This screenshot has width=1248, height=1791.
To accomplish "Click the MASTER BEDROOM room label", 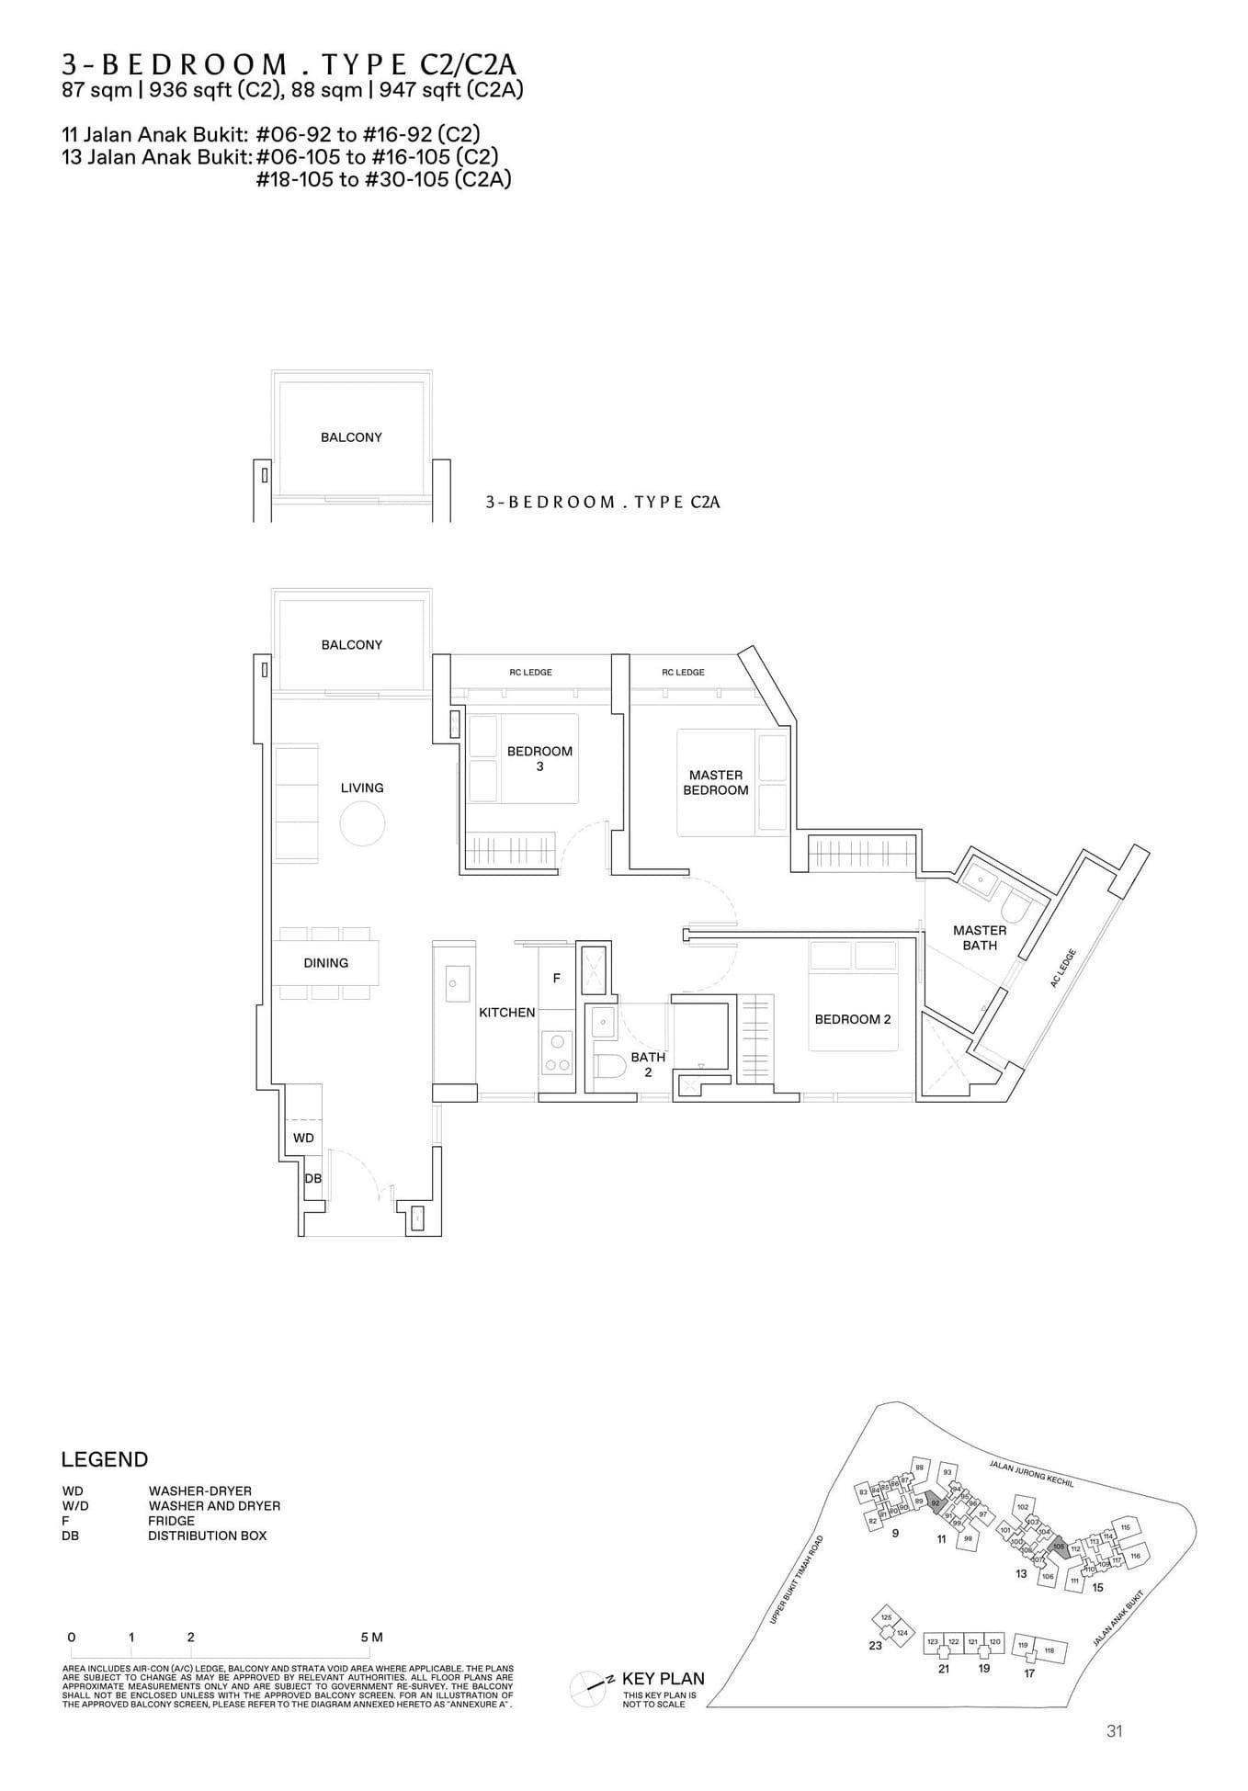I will pyautogui.click(x=715, y=782).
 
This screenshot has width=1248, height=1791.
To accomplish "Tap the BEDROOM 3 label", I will pyautogui.click(x=539, y=758).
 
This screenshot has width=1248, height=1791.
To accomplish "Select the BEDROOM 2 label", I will pyautogui.click(x=852, y=1019).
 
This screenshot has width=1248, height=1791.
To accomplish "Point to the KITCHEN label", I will pyautogui.click(x=506, y=1013).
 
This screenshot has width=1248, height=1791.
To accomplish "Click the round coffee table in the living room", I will pyautogui.click(x=361, y=823).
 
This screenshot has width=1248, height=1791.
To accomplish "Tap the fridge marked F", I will pyautogui.click(x=556, y=979).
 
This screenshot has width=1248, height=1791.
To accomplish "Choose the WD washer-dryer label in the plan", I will pyautogui.click(x=303, y=1138).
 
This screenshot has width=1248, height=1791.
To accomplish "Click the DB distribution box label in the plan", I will pyautogui.click(x=312, y=1178).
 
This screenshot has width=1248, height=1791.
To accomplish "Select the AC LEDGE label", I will pyautogui.click(x=1062, y=968).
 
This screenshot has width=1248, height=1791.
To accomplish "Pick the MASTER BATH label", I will pyautogui.click(x=980, y=937).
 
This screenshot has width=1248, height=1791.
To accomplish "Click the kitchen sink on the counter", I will pyautogui.click(x=453, y=983).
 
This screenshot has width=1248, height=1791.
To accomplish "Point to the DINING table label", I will pyautogui.click(x=325, y=963).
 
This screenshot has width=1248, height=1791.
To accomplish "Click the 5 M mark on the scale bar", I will pyautogui.click(x=371, y=1638).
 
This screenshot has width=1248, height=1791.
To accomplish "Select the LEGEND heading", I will pyautogui.click(x=104, y=1460).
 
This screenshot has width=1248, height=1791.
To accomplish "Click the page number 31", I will pyautogui.click(x=1115, y=1731).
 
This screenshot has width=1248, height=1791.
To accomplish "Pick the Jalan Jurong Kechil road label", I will pyautogui.click(x=1031, y=1472).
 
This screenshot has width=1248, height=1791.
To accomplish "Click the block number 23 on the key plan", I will pyautogui.click(x=875, y=1645).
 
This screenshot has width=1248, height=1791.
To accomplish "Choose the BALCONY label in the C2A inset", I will pyautogui.click(x=351, y=437).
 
